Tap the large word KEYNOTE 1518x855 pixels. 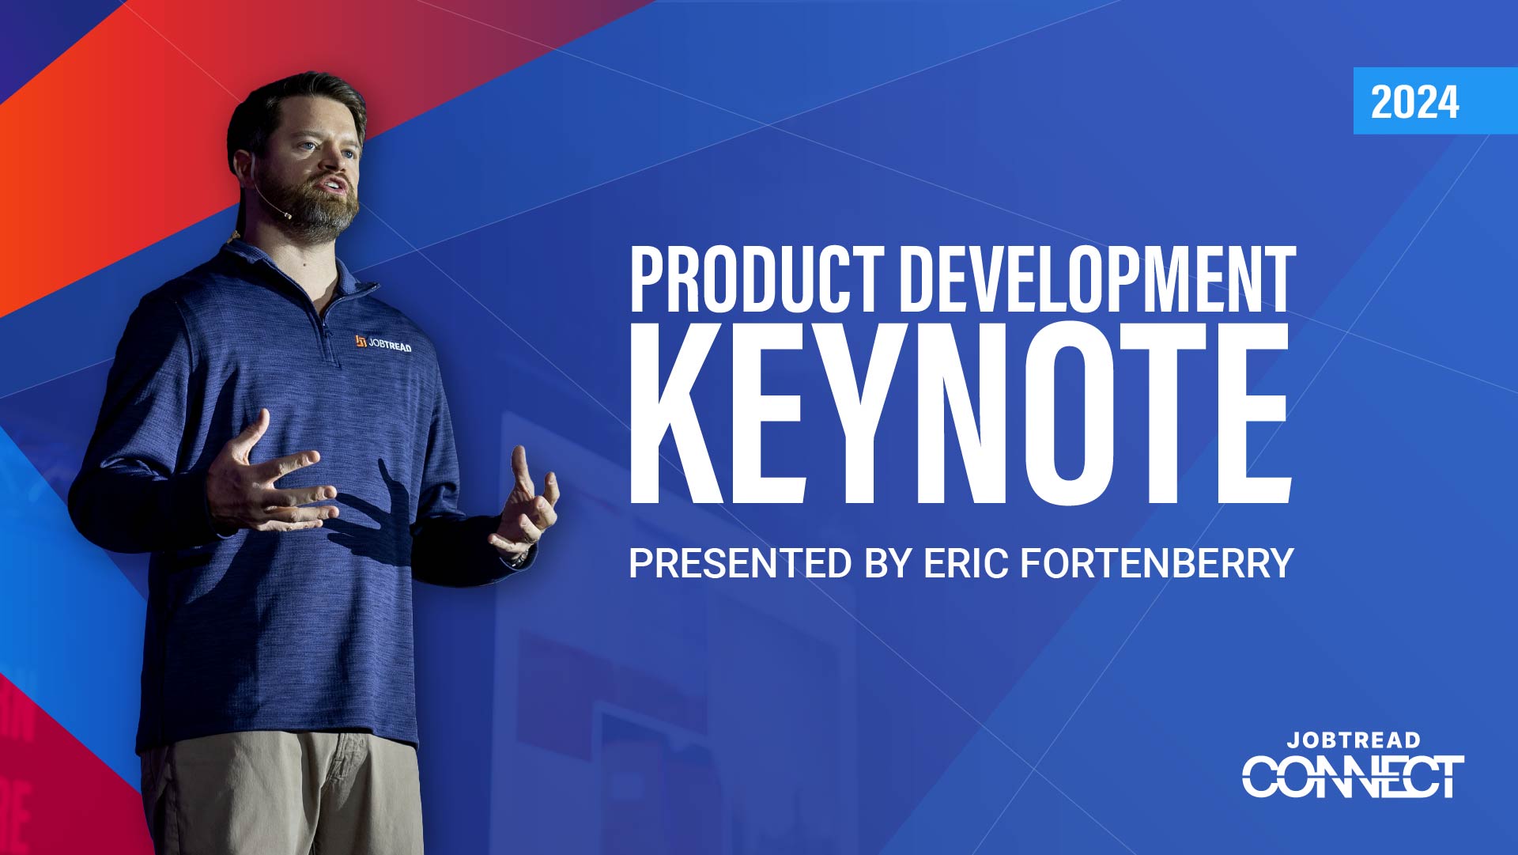[961, 413]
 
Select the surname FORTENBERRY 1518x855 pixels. [1157, 563]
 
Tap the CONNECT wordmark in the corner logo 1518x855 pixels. [1353, 776]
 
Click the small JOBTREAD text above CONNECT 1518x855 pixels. [1354, 740]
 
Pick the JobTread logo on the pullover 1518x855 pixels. [383, 343]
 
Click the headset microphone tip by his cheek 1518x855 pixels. [287, 214]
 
